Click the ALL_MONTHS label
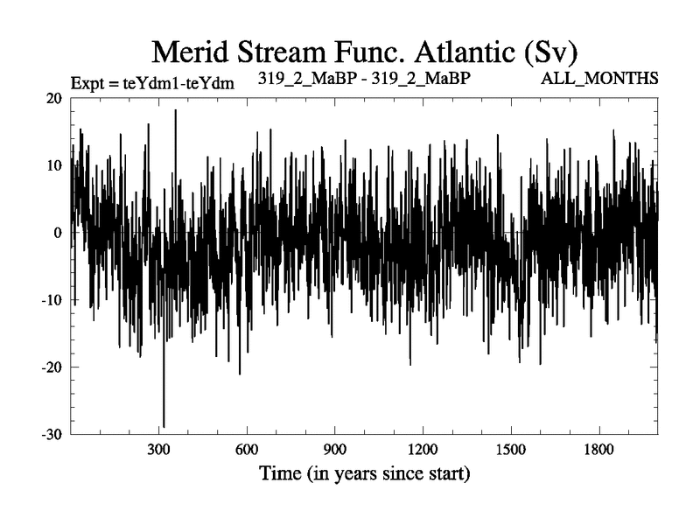(600, 79)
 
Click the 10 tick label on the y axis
(55, 165)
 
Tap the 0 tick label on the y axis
(59, 233)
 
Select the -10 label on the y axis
(52, 300)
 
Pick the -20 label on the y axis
(52, 367)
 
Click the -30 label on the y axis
(52, 435)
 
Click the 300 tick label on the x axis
(158, 450)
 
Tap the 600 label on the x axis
(247, 450)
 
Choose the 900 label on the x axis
(334, 450)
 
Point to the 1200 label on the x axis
(423, 450)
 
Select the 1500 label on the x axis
(511, 450)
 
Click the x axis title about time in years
(364, 475)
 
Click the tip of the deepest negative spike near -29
(164, 427)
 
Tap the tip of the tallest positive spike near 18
(175, 110)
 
